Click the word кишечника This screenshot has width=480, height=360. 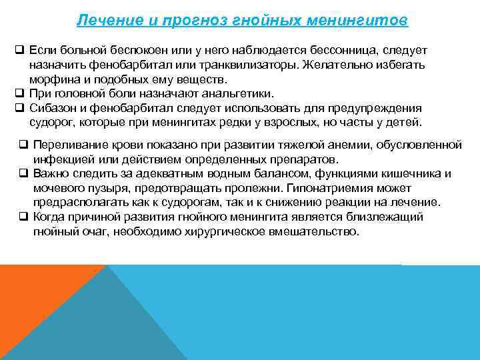[x=413, y=174]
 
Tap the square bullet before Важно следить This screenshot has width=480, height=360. [x=23, y=174]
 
